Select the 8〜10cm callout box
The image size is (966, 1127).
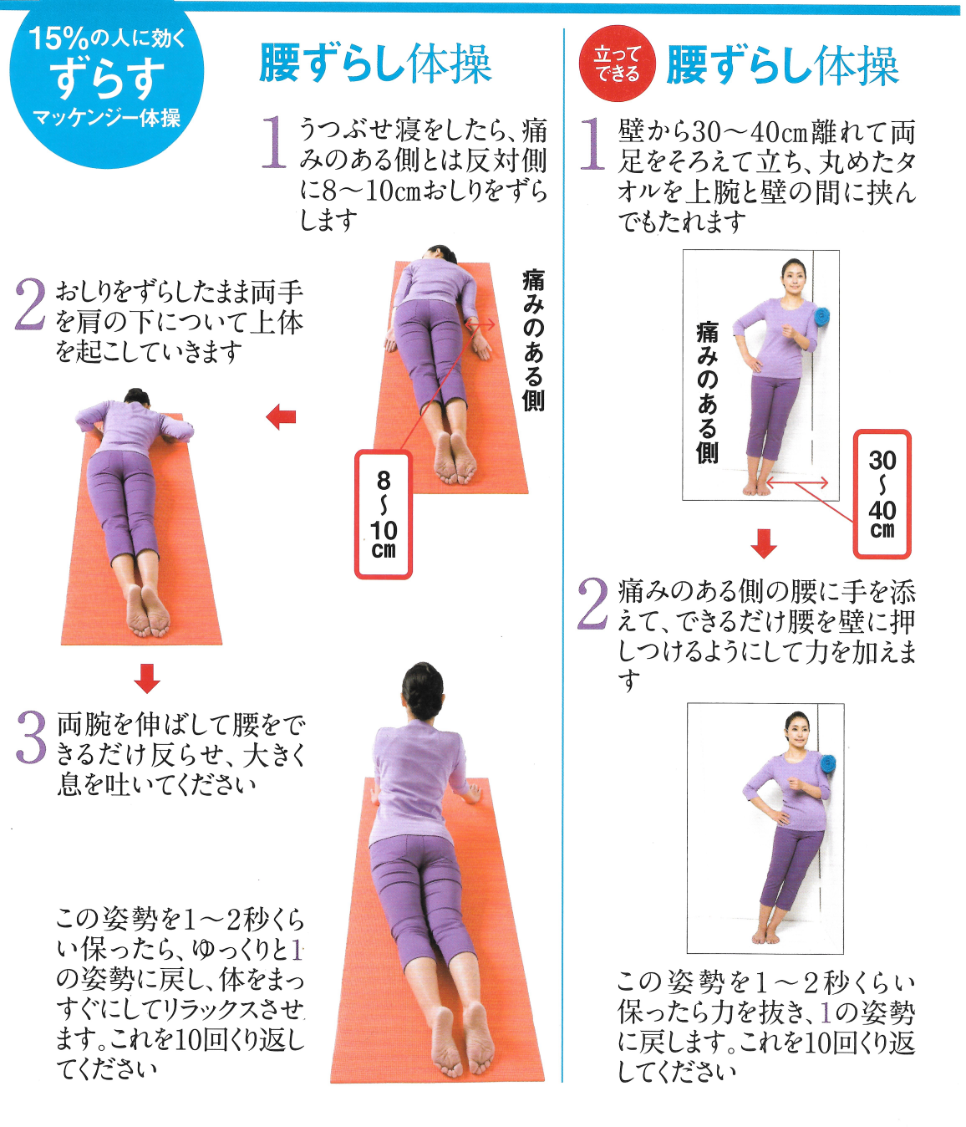(383, 513)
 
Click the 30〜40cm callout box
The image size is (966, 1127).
(882, 494)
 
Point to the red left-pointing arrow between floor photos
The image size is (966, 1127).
(281, 417)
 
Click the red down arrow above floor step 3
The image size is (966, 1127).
(147, 678)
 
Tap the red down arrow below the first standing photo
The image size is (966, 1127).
(764, 543)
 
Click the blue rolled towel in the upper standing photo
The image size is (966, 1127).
(821, 317)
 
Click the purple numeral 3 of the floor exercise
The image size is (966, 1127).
(31, 739)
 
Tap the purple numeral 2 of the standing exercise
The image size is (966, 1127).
(592, 604)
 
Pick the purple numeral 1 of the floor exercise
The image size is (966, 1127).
(274, 142)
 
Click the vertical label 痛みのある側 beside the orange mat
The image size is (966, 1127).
(533, 339)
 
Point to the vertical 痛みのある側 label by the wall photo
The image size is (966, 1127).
(707, 393)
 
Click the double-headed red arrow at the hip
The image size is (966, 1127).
(480, 325)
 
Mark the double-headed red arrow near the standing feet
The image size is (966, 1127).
(796, 482)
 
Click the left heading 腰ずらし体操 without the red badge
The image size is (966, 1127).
(375, 64)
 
